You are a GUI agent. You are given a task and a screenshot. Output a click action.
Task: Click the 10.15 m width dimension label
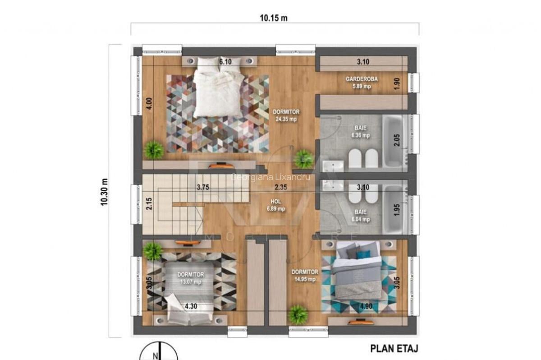[x=274, y=18]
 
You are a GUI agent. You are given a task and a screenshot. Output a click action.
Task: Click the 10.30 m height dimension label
[x=105, y=192]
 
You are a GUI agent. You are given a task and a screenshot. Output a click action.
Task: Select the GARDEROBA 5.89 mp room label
[x=362, y=83]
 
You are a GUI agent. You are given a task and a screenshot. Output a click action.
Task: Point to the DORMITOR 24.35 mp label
[x=286, y=115]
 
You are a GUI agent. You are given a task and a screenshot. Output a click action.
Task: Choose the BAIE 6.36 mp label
[x=360, y=131]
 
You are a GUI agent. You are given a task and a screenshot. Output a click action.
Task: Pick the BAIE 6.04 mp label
[x=360, y=216]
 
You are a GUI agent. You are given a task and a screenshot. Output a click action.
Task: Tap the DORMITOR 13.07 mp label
[x=190, y=278]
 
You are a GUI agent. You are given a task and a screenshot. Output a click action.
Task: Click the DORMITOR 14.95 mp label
[x=305, y=276]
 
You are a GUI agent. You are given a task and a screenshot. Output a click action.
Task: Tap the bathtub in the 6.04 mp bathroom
[x=395, y=208]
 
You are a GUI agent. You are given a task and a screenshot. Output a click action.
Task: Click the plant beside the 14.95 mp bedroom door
[x=298, y=314]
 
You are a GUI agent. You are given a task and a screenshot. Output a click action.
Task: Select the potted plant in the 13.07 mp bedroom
[x=153, y=251]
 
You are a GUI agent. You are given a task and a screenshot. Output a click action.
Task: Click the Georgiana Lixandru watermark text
[x=270, y=177]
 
